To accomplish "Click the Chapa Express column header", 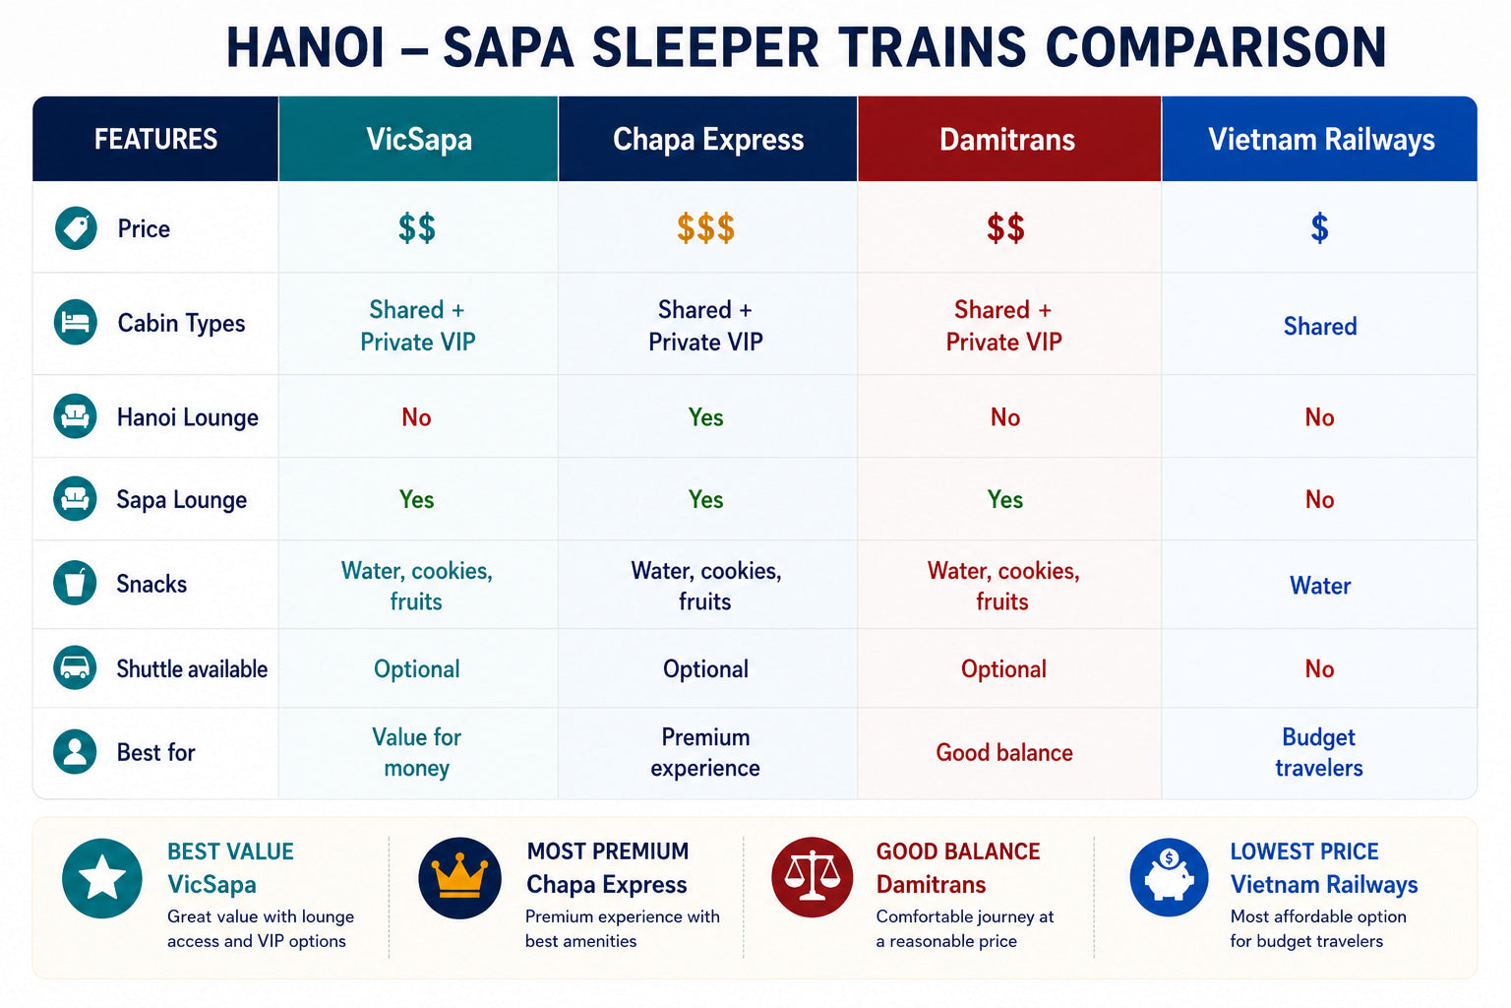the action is [x=707, y=140].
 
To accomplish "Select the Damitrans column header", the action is [x=1007, y=140].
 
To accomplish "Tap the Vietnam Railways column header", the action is [x=1321, y=140].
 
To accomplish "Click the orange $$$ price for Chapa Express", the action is [x=705, y=228].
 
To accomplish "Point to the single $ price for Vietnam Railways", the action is [x=1319, y=228].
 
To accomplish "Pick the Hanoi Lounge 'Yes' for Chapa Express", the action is [x=705, y=417].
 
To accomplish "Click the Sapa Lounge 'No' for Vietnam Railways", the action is [x=1319, y=500].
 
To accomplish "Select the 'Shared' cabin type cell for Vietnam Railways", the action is [x=1320, y=326].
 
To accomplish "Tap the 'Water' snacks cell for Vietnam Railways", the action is [x=1320, y=586].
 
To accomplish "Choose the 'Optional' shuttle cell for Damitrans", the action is [x=1003, y=669].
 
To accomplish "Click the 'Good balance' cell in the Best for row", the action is [x=1003, y=752].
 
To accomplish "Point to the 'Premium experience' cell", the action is [x=705, y=752].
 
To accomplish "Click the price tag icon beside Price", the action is [x=76, y=228].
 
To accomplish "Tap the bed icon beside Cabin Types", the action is [x=76, y=322].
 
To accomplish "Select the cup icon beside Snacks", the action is [x=75, y=582].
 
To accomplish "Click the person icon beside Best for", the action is [x=75, y=751].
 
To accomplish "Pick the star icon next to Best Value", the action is [x=102, y=878].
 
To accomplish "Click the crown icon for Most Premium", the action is [x=459, y=878].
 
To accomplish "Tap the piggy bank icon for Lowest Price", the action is [x=1169, y=877].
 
